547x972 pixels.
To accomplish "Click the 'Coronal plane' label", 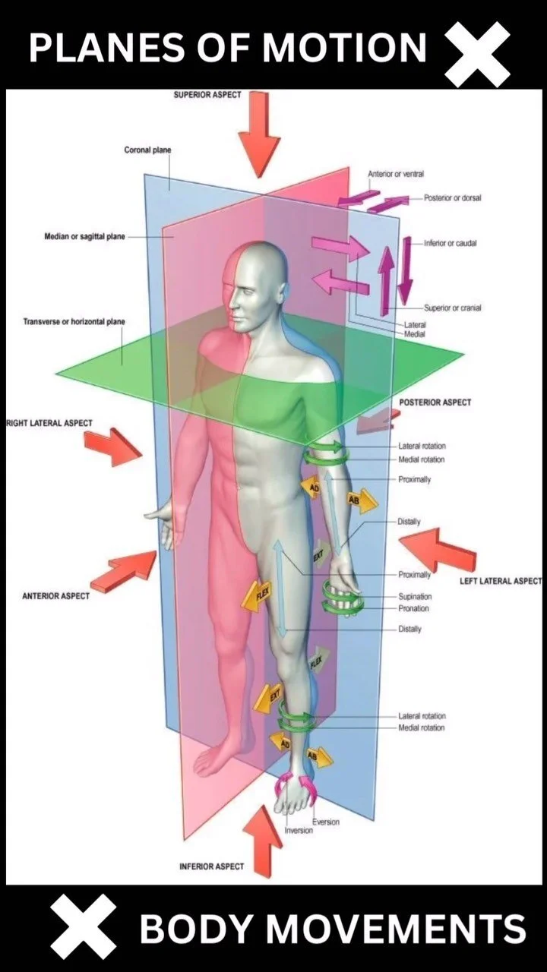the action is [147, 150].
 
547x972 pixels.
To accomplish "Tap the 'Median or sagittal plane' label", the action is [84, 237].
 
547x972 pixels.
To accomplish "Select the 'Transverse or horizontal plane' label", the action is [74, 322].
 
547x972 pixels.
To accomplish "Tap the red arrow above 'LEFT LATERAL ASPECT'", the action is [437, 549].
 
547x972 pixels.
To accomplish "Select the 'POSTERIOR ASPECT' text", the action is [435, 402].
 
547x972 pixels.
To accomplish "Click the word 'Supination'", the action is [415, 597].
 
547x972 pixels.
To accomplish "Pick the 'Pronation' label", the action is [413, 608].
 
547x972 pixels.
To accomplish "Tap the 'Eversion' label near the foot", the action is [326, 822].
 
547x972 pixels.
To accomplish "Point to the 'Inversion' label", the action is [299, 831].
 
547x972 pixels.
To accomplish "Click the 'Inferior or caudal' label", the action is [451, 243].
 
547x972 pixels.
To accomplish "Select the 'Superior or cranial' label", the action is [452, 308].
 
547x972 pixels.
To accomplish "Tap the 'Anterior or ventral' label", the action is [396, 175].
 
